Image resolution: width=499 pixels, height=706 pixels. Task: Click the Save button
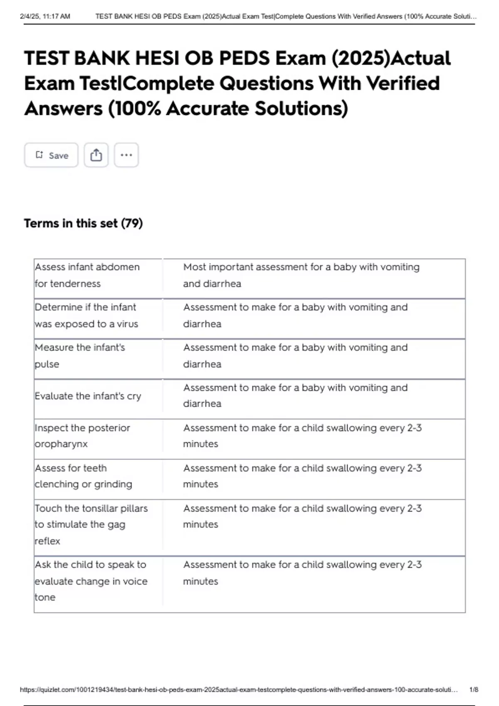pyautogui.click(x=51, y=155)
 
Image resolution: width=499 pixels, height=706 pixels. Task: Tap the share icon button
pyautogui.click(x=96, y=155)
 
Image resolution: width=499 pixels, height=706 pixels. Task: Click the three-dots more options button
pyautogui.click(x=126, y=155)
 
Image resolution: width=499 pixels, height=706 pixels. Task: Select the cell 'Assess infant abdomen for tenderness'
pyautogui.click(x=87, y=275)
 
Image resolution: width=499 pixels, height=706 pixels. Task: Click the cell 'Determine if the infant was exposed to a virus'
pyautogui.click(x=86, y=316)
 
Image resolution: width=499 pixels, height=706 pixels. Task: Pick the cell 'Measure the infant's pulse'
pyautogui.click(x=80, y=356)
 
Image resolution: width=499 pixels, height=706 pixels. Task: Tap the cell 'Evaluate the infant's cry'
pyautogui.click(x=88, y=396)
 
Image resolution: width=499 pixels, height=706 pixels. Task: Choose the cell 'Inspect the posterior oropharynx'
pyautogui.click(x=82, y=436)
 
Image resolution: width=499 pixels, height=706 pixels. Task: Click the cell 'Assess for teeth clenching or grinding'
pyautogui.click(x=84, y=476)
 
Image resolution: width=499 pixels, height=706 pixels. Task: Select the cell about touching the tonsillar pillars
pyautogui.click(x=91, y=525)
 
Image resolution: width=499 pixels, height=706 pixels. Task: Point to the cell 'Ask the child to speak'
pyautogui.click(x=91, y=581)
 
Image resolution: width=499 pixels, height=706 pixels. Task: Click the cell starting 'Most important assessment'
pyautogui.click(x=301, y=275)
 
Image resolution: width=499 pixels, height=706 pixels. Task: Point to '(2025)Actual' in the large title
pyautogui.click(x=391, y=58)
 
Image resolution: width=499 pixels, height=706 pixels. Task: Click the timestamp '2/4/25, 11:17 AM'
pyautogui.click(x=45, y=17)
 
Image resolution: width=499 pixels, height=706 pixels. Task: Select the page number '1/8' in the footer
pyautogui.click(x=474, y=690)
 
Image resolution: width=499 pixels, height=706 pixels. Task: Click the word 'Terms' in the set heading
pyautogui.click(x=42, y=223)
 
